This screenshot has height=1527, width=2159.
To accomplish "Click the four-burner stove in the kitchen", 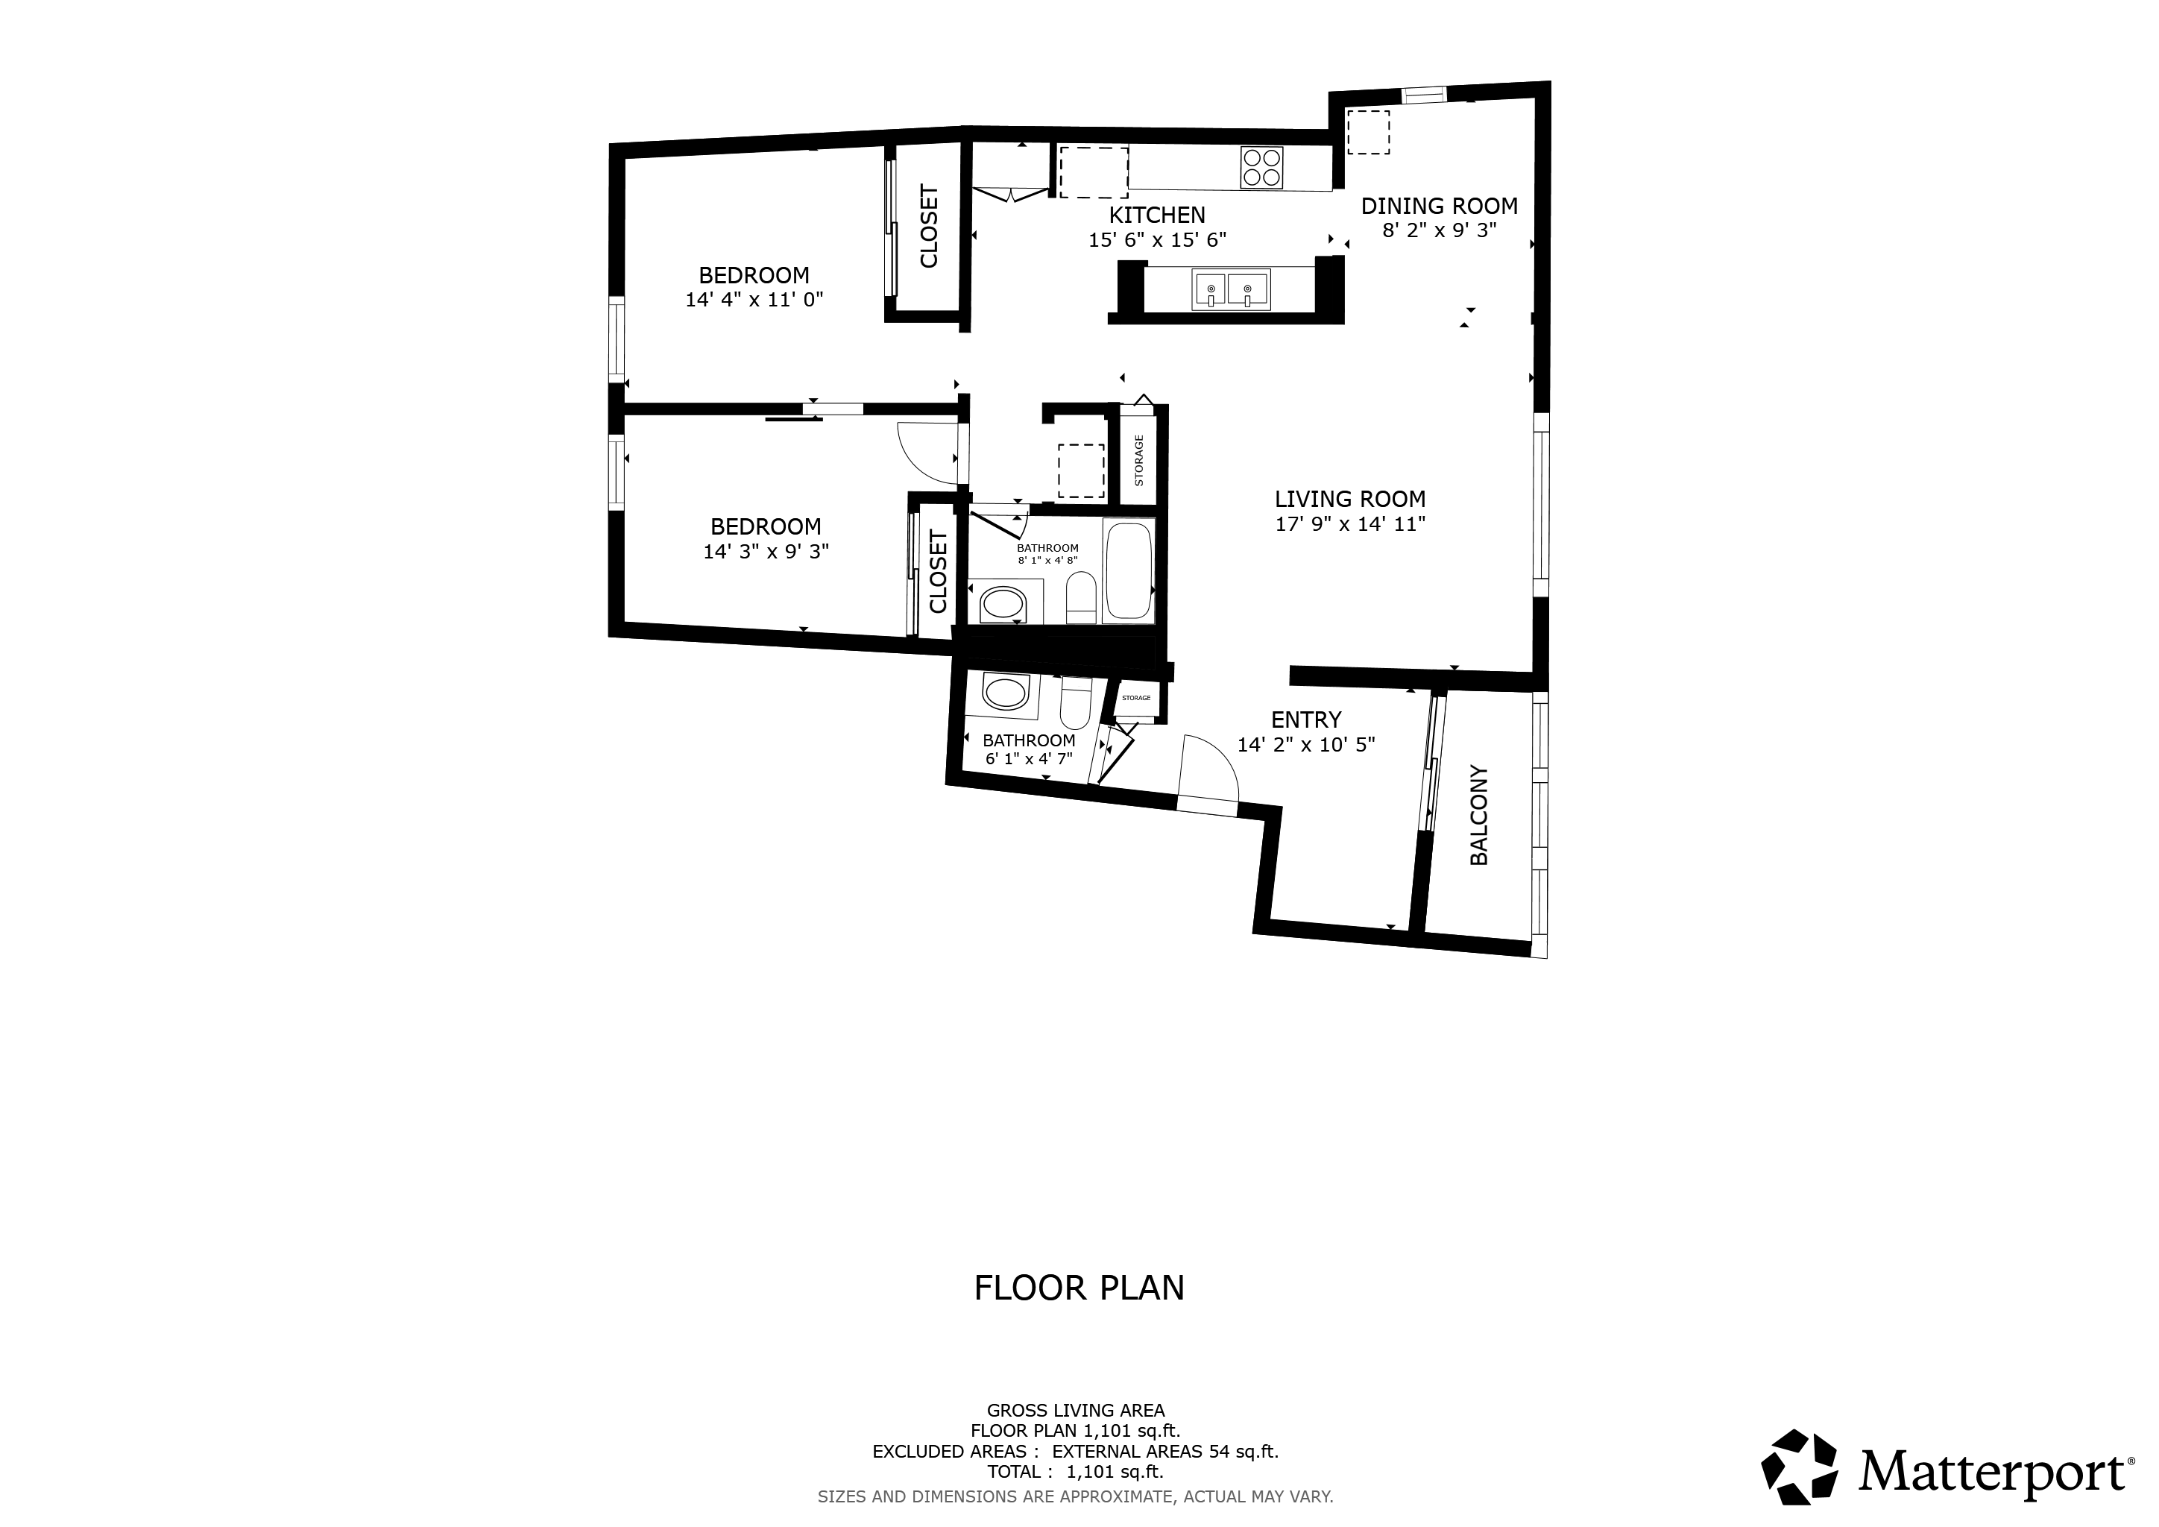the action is pyautogui.click(x=1261, y=169).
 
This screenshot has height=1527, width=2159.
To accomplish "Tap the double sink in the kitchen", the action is pyautogui.click(x=1231, y=289).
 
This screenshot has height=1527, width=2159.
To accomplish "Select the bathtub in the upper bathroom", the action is pyautogui.click(x=1129, y=570).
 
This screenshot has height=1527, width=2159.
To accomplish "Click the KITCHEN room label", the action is pyautogui.click(x=1156, y=215).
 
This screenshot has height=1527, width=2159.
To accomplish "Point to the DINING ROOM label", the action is pyautogui.click(x=1440, y=206).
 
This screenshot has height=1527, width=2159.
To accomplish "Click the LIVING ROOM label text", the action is pyautogui.click(x=1350, y=500).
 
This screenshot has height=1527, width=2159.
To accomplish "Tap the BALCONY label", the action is pyautogui.click(x=1479, y=815).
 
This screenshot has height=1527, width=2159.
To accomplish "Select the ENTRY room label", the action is pyautogui.click(x=1306, y=720).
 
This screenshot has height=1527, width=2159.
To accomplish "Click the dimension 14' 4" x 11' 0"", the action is pyautogui.click(x=754, y=300).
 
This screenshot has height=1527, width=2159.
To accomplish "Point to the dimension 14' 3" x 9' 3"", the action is pyautogui.click(x=766, y=552).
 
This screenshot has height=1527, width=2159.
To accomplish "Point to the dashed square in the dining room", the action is pyautogui.click(x=1368, y=132).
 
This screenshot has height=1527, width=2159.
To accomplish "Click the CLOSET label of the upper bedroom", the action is pyautogui.click(x=929, y=227).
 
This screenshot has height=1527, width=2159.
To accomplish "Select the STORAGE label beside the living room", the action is pyautogui.click(x=1138, y=461).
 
